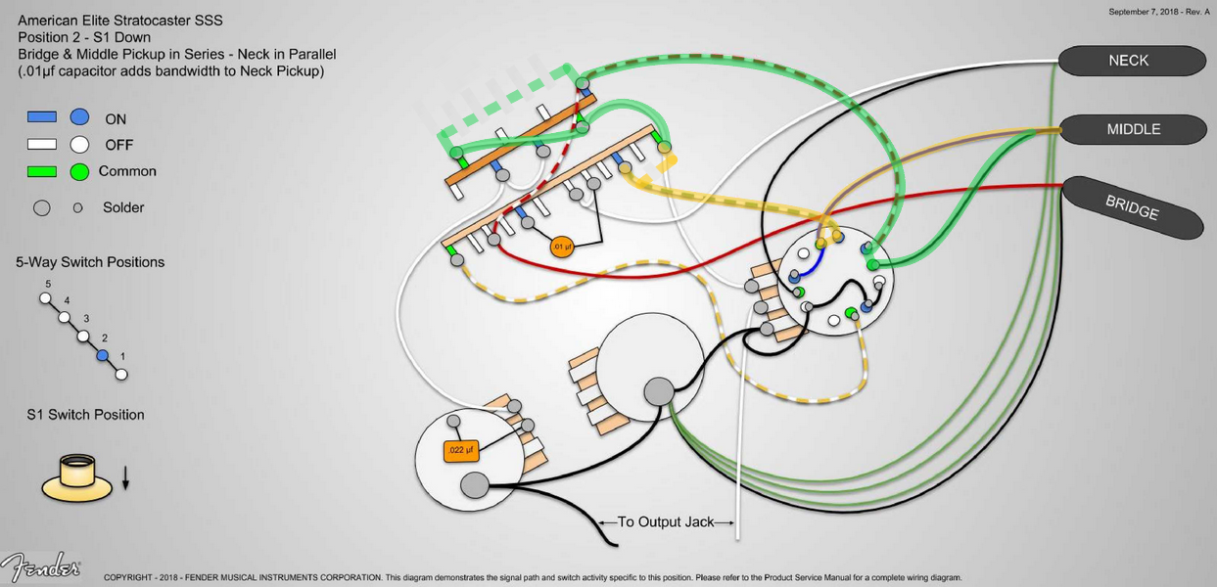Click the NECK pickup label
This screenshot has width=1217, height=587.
coord(1129,61)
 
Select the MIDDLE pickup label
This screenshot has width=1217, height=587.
coord(1133,129)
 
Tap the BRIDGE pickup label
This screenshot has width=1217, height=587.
coord(1132,207)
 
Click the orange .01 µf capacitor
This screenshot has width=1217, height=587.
coord(562,247)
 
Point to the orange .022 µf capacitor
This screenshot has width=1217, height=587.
coord(460,451)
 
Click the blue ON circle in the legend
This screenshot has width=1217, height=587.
coord(79,117)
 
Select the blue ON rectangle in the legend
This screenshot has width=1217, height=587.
coord(42,117)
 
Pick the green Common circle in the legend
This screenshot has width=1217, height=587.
coord(79,171)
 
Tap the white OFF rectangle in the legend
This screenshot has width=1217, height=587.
coord(42,145)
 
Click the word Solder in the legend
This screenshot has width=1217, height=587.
coord(123,207)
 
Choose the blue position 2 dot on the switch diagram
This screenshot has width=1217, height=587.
coord(102,355)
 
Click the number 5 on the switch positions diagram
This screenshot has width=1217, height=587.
coord(47,284)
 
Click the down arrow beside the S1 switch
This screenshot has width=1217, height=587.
coord(125,478)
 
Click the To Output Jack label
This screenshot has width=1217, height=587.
coord(666,522)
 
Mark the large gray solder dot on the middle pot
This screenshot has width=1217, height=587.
coord(659,391)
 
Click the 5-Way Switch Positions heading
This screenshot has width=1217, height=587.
coord(90,262)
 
